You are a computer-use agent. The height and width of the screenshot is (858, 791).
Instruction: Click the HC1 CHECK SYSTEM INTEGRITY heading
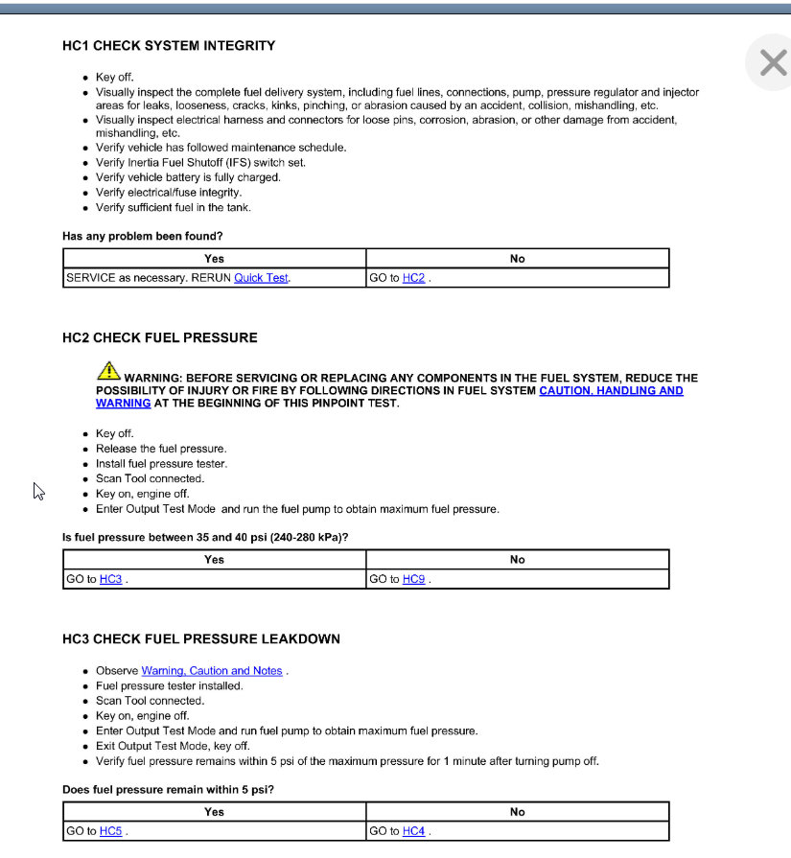[x=169, y=45]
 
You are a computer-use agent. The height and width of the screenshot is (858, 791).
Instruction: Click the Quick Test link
[x=261, y=278]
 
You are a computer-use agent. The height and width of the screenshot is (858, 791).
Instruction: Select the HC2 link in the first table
[x=413, y=278]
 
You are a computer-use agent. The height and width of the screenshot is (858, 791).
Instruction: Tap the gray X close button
[x=773, y=63]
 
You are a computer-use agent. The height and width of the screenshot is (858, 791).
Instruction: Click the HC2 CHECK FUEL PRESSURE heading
[x=160, y=337]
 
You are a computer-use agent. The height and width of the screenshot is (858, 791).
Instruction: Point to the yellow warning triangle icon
[x=107, y=371]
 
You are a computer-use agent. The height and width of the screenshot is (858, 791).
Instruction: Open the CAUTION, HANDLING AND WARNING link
[x=611, y=391]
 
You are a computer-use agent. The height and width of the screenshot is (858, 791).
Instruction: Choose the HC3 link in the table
[x=110, y=579]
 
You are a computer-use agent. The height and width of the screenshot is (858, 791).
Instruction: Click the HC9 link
[x=413, y=579]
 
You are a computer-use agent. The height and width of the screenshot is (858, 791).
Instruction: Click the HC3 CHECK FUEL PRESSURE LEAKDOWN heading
[x=201, y=639]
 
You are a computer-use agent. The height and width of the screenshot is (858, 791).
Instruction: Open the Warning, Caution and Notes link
[x=212, y=671]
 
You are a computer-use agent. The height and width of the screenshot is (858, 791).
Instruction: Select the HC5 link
[x=110, y=831]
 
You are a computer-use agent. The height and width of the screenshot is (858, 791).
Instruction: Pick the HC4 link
[x=413, y=831]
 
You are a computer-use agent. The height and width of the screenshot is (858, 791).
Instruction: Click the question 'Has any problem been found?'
[x=143, y=236]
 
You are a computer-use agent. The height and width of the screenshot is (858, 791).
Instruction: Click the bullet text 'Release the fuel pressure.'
[x=161, y=449]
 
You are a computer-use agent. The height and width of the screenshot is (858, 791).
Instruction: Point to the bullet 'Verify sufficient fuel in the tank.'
[x=174, y=207]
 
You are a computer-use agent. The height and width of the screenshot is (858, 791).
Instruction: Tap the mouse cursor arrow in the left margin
[x=38, y=491]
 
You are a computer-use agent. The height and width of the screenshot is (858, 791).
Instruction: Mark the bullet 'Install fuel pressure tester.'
[x=161, y=464]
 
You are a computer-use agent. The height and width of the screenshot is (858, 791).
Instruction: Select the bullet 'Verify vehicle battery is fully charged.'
[x=188, y=177]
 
